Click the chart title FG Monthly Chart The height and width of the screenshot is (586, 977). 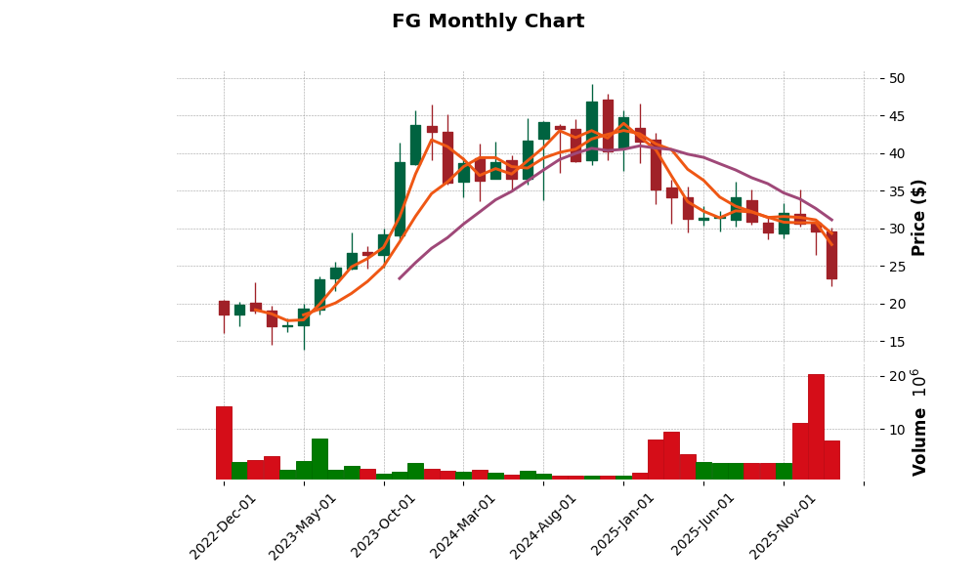488,21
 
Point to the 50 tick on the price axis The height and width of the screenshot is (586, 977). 897,78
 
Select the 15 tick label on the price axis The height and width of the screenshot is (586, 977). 897,342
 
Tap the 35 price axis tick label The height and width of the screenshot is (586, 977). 897,191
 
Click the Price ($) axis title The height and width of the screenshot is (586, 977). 918,217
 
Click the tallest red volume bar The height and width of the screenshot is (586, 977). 816,427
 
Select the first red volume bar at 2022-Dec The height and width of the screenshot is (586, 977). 224,442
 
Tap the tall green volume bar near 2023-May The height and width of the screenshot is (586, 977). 319,459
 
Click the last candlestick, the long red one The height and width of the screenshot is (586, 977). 831,255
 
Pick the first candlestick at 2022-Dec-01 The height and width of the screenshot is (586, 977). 224,308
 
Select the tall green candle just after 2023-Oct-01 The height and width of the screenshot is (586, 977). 400,199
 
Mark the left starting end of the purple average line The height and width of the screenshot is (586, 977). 400,278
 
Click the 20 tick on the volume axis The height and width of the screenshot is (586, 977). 897,376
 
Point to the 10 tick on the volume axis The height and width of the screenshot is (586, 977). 897,429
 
